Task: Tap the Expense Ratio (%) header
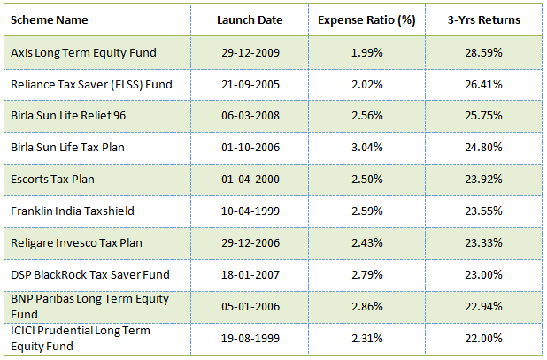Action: point(368,20)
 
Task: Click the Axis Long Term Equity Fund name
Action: point(83,52)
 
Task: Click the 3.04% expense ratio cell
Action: point(368,148)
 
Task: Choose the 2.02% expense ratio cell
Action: point(368,84)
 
